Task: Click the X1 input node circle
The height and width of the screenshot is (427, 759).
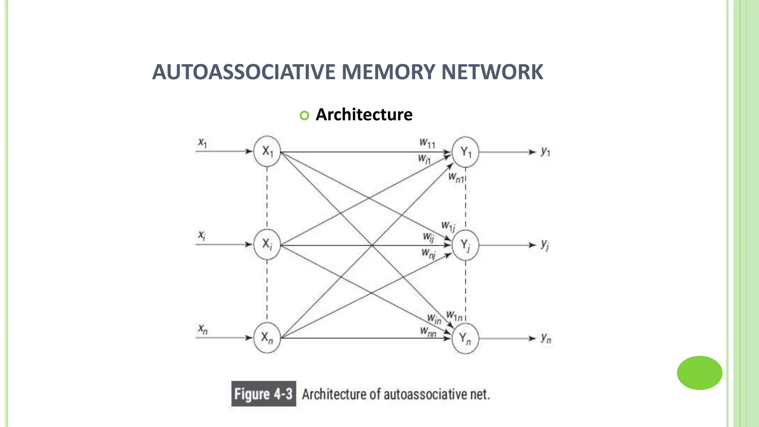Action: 267,151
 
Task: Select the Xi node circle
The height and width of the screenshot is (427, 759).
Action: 267,244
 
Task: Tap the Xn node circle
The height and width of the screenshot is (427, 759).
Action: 267,338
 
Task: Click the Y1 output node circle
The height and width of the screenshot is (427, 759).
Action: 465,152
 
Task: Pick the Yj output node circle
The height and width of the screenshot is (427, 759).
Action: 465,245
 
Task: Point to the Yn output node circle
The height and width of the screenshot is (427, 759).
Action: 465,338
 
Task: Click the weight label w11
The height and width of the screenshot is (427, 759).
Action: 427,143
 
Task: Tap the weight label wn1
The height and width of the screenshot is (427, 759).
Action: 456,178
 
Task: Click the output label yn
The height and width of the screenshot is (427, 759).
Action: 546,338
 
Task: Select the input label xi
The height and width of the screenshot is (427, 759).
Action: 202,235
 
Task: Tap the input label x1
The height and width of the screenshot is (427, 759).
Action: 202,142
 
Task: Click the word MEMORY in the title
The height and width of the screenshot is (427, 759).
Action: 388,72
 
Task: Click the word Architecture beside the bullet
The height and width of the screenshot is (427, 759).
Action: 364,115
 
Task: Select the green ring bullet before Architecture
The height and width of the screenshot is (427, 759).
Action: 304,116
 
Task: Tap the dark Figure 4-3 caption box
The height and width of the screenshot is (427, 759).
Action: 264,394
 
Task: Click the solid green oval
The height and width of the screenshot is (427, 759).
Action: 699,373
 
